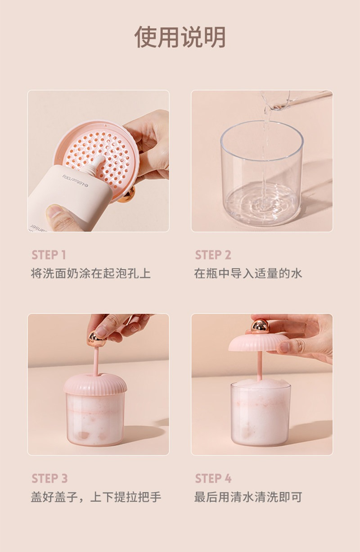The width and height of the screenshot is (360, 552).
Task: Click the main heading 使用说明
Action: (180, 37)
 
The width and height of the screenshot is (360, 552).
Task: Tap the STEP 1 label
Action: (49, 255)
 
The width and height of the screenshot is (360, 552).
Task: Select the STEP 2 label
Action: (213, 255)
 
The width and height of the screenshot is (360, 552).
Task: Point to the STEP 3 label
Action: (49, 478)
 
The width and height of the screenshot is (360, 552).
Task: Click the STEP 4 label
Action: (213, 478)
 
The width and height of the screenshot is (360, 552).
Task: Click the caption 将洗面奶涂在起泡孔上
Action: (90, 274)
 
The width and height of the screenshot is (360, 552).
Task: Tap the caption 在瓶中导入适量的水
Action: (248, 274)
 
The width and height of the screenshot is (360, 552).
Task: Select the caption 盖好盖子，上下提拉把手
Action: (96, 497)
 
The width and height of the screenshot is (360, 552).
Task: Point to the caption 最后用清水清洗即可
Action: (248, 497)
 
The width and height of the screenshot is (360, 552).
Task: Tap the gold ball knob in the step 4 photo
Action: (260, 326)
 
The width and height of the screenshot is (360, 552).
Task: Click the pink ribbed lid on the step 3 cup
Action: (95, 384)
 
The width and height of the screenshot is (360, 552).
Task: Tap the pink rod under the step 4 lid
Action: (260, 366)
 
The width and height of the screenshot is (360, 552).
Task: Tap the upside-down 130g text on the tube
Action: (75, 181)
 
